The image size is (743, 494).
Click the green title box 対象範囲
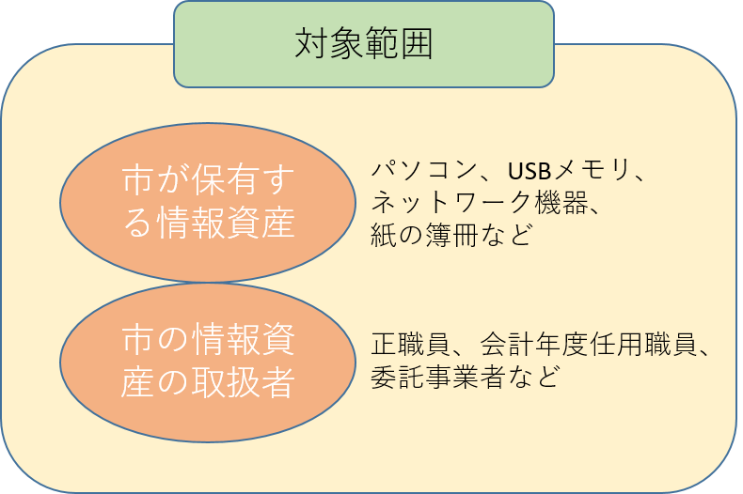pyautogui.click(x=364, y=44)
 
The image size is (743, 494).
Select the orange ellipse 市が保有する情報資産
pyautogui.click(x=208, y=203)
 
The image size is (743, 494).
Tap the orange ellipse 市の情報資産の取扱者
pyautogui.click(x=208, y=363)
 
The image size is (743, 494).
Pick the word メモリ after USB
pyautogui.click(x=593, y=170)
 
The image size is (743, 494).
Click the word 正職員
pyautogui.click(x=411, y=344)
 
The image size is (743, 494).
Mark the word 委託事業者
pyautogui.click(x=437, y=377)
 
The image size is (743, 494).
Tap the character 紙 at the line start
pyautogui.click(x=384, y=235)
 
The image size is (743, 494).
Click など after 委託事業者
pyautogui.click(x=531, y=377)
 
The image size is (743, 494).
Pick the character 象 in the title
pyautogui.click(x=347, y=43)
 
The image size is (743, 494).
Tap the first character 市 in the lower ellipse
pyautogui.click(x=137, y=340)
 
